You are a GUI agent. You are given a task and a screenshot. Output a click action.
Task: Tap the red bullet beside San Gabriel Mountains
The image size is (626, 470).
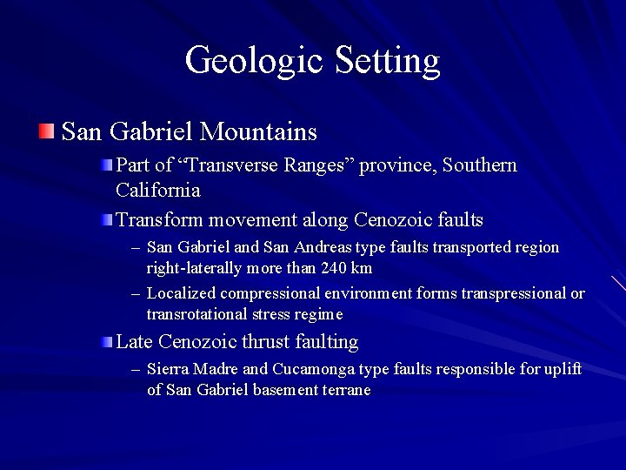click(45, 131)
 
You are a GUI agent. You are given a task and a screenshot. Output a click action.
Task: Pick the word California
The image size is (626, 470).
click(157, 189)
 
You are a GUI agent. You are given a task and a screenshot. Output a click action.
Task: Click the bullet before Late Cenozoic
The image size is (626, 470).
click(105, 341)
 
